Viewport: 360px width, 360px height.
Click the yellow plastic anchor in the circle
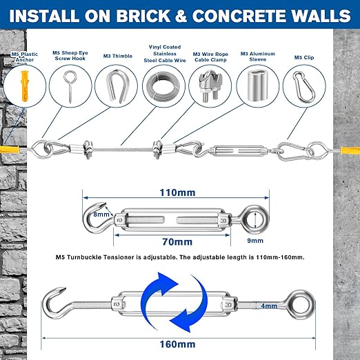tap(24, 86)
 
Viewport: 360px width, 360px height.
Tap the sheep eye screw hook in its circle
tap(70, 86)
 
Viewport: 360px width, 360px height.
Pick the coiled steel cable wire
tap(163, 86)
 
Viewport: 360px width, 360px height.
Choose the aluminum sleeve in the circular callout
tap(257, 86)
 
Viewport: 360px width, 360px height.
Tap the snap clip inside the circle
tap(304, 87)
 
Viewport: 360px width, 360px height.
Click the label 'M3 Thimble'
tap(118, 56)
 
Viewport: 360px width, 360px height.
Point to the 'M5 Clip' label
tap(304, 57)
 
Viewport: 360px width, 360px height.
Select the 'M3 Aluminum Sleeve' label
tap(258, 57)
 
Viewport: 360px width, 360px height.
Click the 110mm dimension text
tap(177, 192)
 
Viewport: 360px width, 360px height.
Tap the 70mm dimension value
tap(177, 241)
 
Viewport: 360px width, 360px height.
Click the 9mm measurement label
tap(255, 241)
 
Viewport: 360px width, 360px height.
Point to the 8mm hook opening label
tap(101, 214)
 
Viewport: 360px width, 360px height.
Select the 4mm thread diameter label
tap(269, 306)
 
